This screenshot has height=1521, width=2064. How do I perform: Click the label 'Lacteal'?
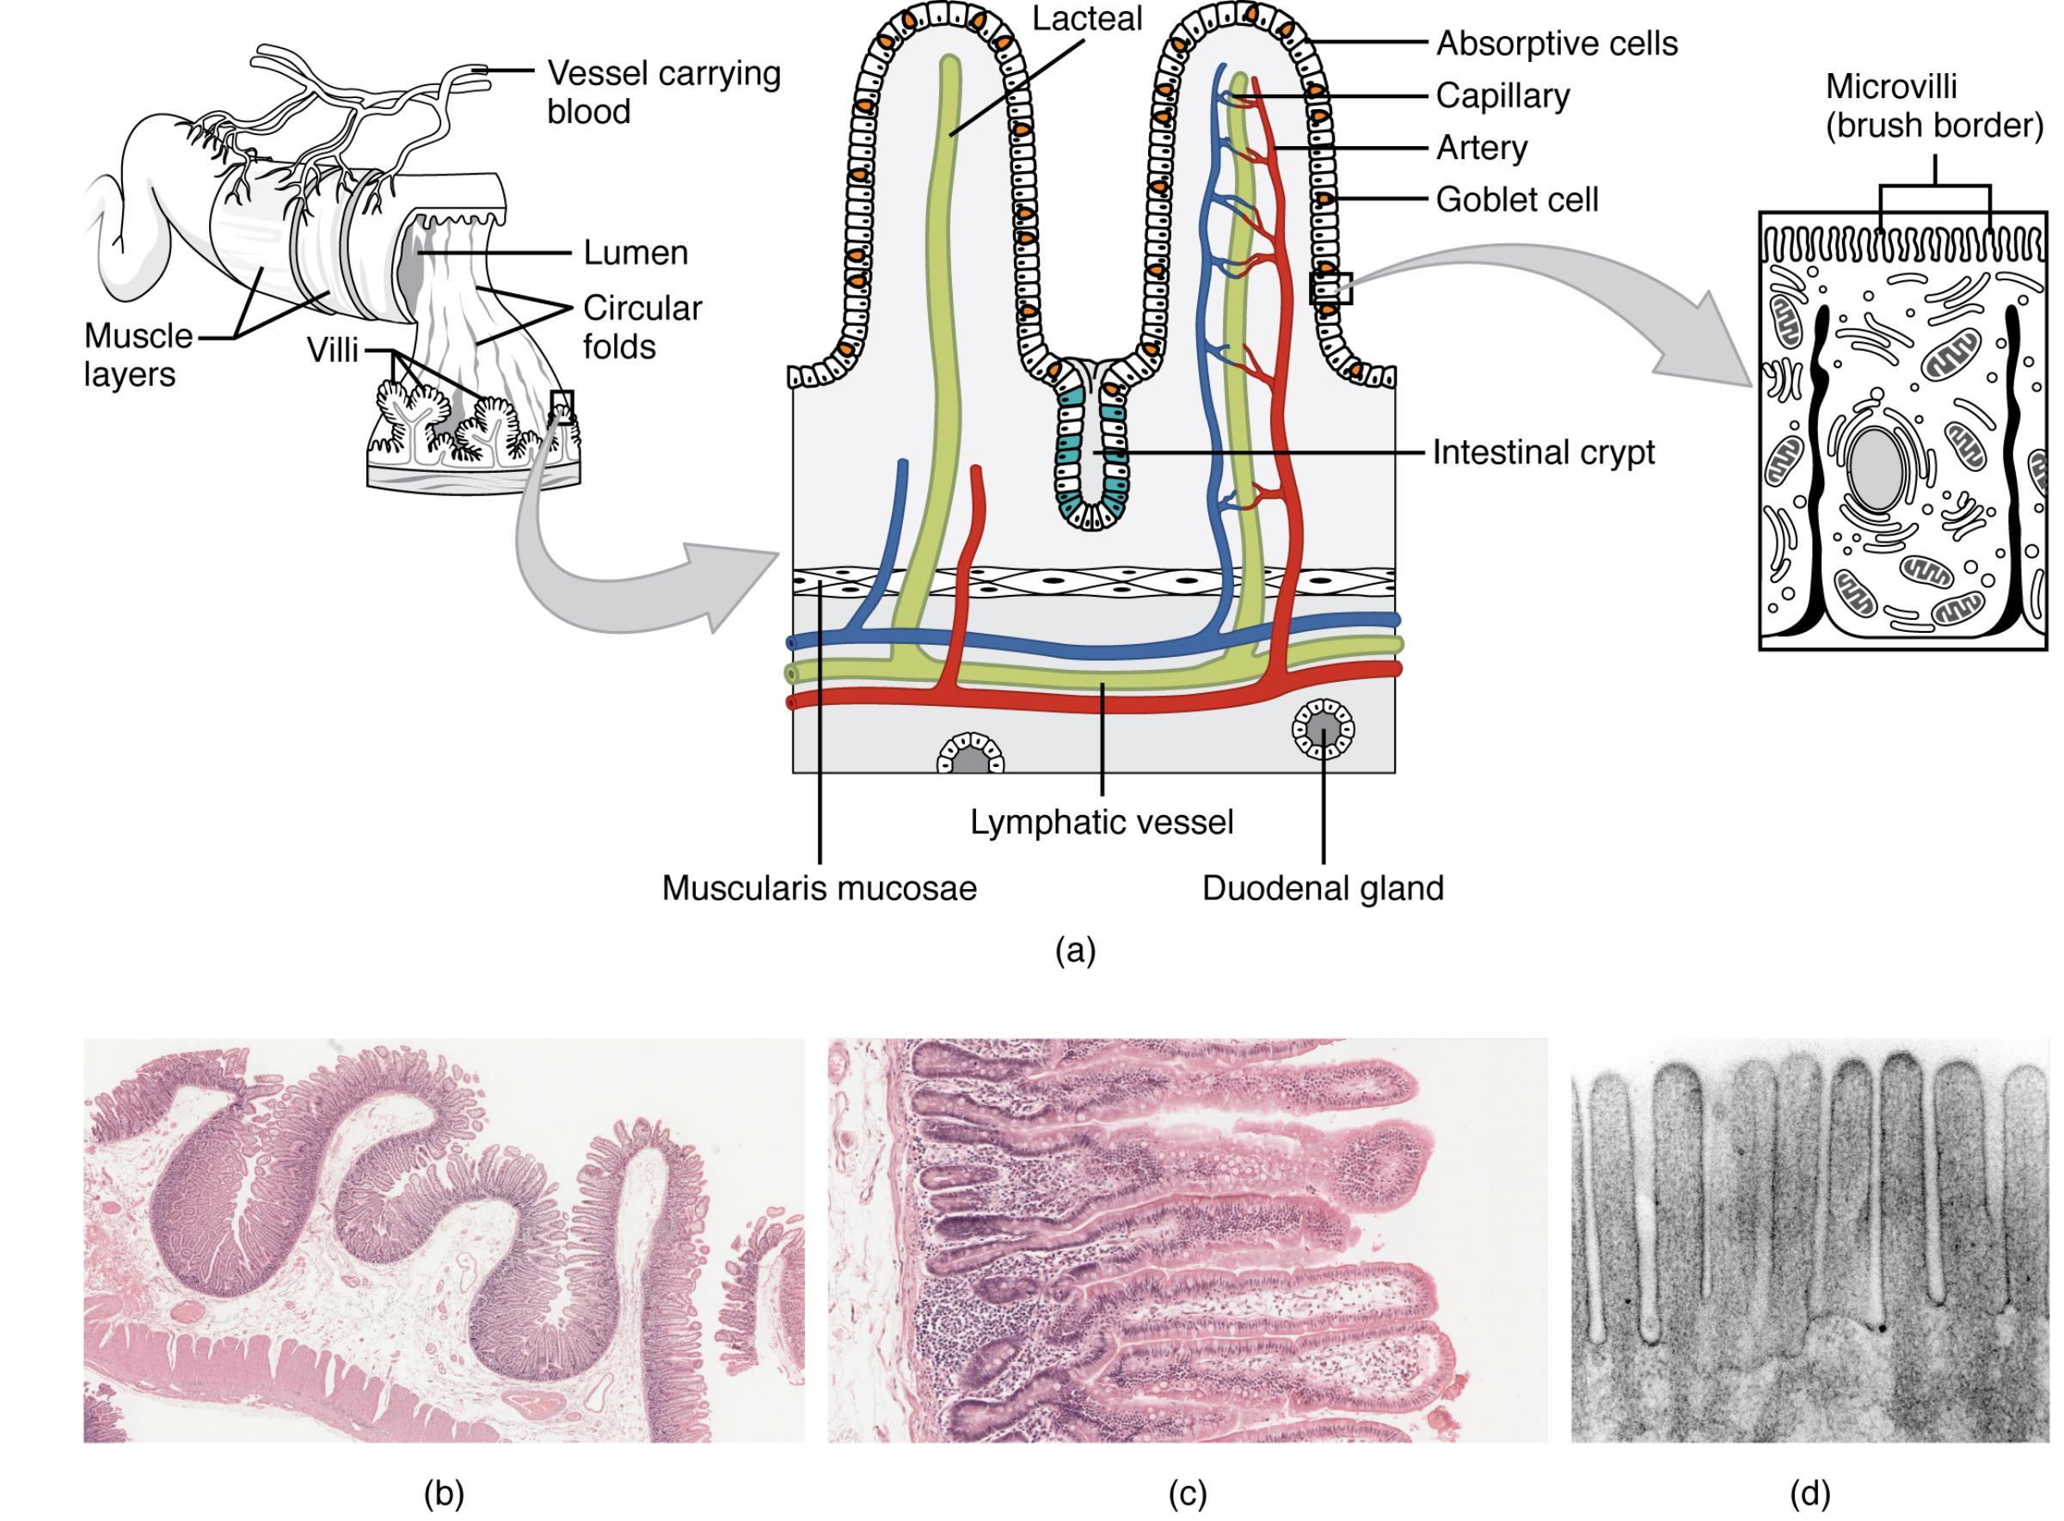click(x=1086, y=19)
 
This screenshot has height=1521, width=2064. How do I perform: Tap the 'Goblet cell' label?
click(x=1516, y=199)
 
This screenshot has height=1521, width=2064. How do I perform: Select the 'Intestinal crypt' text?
click(x=1543, y=453)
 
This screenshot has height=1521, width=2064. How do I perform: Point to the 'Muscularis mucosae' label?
click(x=819, y=888)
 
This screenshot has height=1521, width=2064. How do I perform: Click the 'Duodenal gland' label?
click(x=1323, y=888)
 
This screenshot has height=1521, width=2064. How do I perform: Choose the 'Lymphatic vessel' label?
click(x=1102, y=822)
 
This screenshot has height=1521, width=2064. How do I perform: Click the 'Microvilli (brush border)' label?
click(x=1933, y=106)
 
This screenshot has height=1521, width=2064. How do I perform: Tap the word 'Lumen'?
click(x=636, y=253)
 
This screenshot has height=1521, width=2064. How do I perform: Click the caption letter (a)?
click(x=1075, y=949)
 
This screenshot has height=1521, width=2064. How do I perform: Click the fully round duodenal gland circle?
click(x=1324, y=731)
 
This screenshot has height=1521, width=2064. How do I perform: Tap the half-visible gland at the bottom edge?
click(x=970, y=757)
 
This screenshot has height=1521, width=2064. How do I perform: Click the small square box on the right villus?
click(x=1330, y=288)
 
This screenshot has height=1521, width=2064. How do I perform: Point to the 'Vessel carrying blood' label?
click(x=663, y=92)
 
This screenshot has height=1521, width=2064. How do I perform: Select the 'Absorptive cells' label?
click(x=1557, y=43)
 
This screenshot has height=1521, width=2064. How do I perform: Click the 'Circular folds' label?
click(x=642, y=327)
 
